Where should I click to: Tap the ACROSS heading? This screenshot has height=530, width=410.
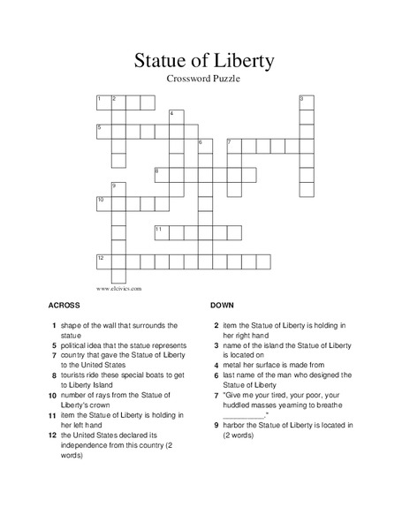(65, 305)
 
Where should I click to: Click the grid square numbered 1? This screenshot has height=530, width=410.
(102, 102)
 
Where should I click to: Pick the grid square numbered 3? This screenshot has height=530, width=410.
(306, 102)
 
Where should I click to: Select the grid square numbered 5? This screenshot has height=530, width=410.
(102, 131)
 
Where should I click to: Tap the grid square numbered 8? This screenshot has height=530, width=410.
(161, 174)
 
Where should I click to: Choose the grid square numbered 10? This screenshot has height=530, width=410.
(102, 203)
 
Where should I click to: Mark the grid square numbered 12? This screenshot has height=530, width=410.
(102, 261)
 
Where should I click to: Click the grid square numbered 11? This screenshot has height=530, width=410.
(161, 231)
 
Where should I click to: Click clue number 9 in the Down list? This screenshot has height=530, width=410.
(216, 425)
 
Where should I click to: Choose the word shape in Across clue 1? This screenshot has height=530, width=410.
(72, 325)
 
